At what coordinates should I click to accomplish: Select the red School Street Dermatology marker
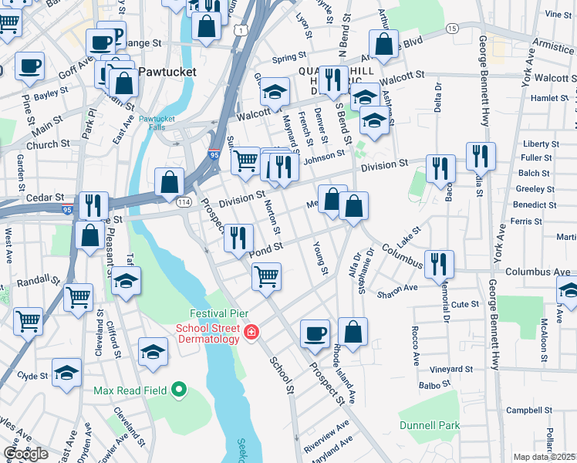tap(251, 333)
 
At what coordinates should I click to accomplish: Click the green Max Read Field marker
tap(179, 389)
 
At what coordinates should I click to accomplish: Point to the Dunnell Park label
tap(429, 425)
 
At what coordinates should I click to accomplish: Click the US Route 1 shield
tap(241, 29)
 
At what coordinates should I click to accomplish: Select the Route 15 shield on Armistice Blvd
tap(452, 28)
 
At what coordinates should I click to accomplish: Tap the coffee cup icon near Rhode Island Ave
tap(314, 332)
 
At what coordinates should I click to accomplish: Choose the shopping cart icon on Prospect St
tap(266, 275)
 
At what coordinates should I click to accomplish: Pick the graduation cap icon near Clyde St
tap(67, 372)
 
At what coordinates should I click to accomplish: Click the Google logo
tap(25, 453)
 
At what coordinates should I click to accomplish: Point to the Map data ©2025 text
tap(545, 457)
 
